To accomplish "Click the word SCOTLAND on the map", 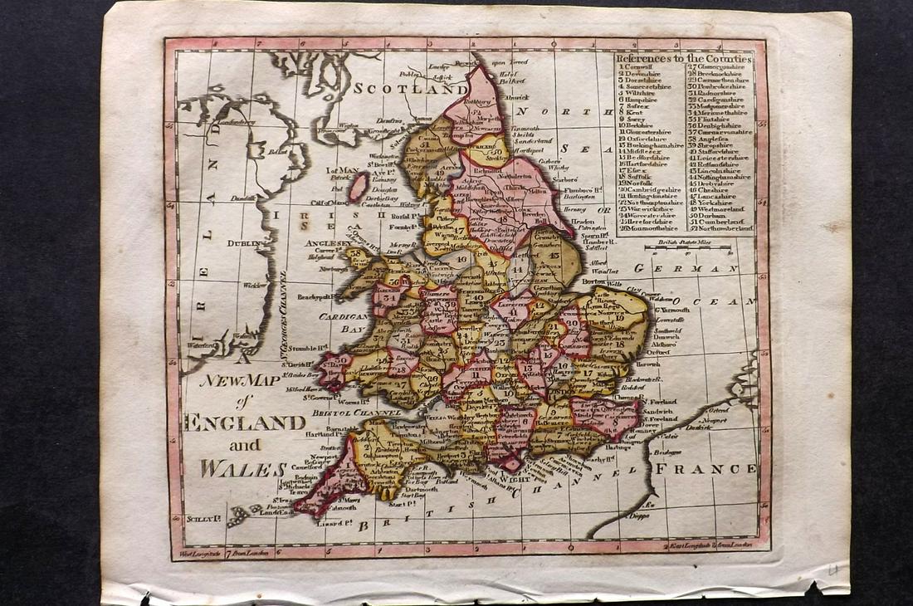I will coord(410,87).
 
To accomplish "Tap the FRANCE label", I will coord(706,468).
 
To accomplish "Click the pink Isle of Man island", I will coord(358,187).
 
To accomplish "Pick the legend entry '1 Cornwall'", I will coord(640,67).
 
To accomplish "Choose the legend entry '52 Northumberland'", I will coord(720,227).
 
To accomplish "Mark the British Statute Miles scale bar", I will coord(688,247).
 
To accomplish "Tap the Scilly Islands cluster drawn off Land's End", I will coord(240,514).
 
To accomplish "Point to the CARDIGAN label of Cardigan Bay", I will coord(343,316).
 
